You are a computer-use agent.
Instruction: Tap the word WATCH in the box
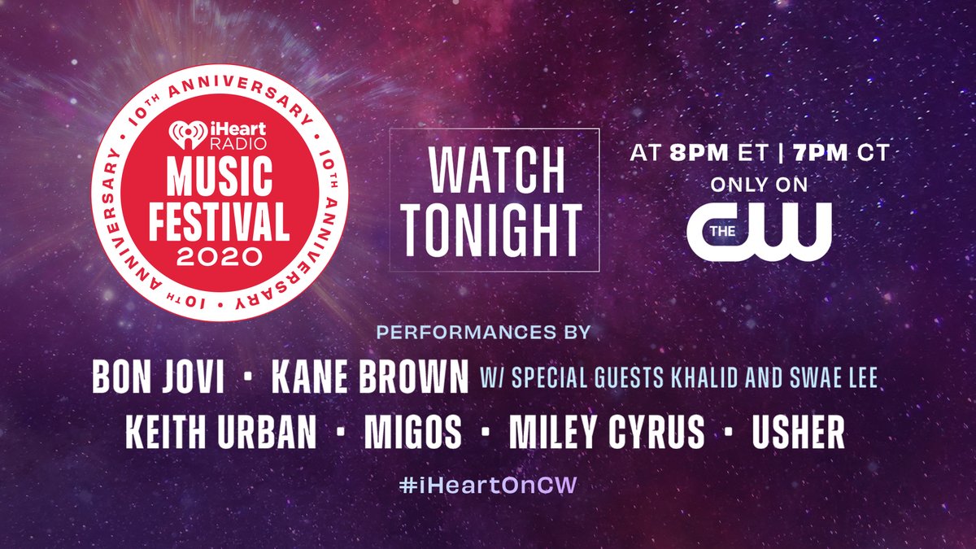(495, 170)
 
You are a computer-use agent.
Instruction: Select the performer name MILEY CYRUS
(606, 433)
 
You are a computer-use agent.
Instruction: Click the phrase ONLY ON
(759, 185)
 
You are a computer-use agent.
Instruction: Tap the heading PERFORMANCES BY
(483, 333)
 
